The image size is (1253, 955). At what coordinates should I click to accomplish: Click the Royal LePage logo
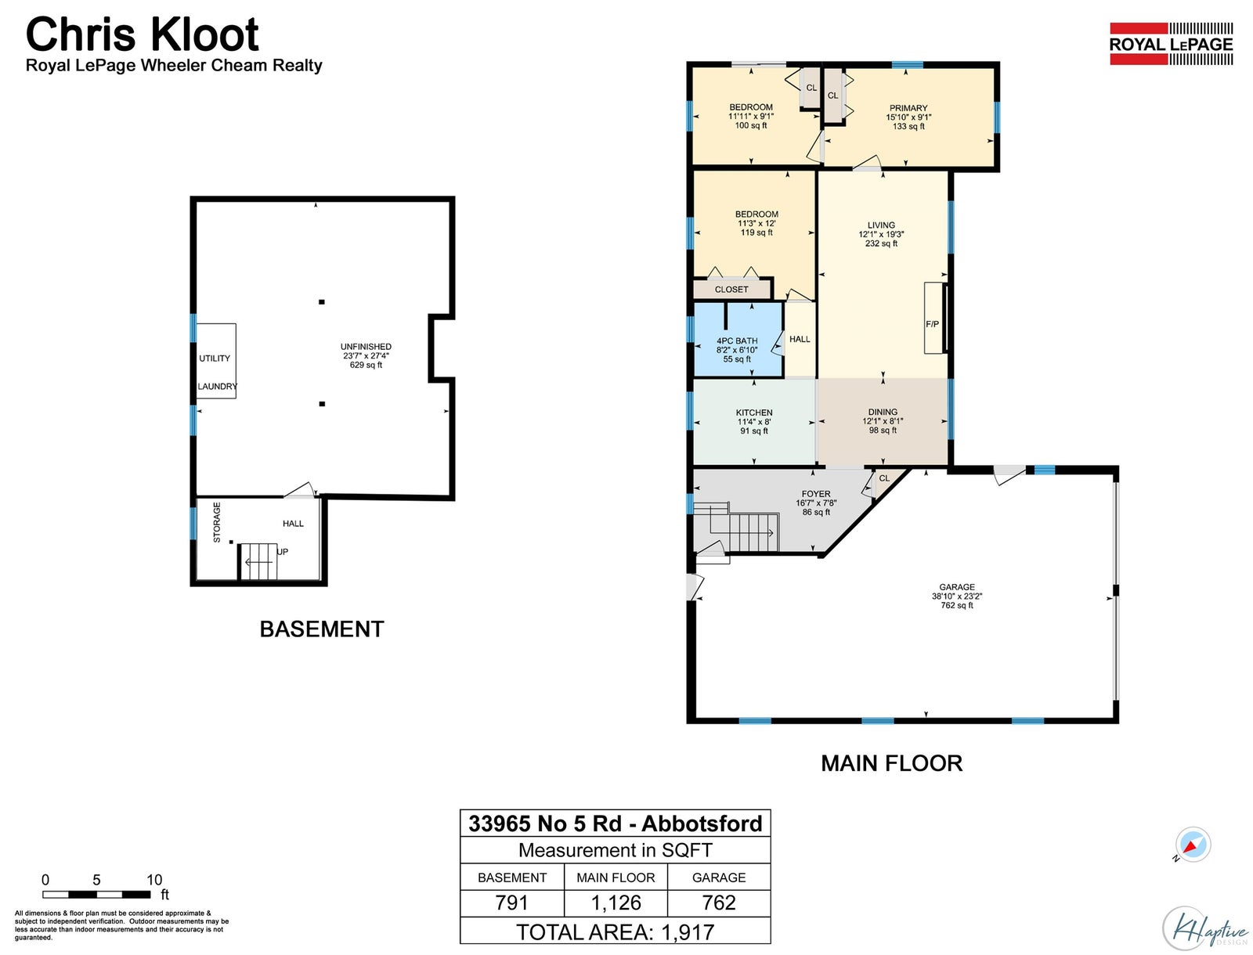(x=1171, y=44)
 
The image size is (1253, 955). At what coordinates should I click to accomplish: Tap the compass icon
(x=1193, y=845)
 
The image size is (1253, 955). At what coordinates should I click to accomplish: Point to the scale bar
(x=96, y=894)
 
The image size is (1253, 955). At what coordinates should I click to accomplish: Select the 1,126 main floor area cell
(x=616, y=903)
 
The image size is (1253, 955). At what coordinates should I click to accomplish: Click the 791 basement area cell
(x=511, y=903)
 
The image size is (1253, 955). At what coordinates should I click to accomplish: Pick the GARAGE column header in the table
(x=719, y=878)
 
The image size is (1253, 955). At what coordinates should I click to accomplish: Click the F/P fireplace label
(x=932, y=324)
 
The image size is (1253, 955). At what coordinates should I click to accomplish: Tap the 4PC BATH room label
(x=737, y=341)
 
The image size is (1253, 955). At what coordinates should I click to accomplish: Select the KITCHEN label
(x=754, y=413)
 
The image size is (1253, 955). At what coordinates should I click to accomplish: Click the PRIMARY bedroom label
(x=908, y=108)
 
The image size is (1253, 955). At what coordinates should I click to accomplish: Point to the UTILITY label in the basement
(x=215, y=359)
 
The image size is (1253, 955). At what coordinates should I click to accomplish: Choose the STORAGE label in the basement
(x=217, y=523)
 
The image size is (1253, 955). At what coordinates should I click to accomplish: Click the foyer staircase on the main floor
(x=737, y=527)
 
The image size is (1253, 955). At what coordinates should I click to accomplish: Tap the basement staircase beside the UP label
(x=258, y=562)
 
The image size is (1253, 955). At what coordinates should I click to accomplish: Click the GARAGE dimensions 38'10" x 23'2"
(x=957, y=596)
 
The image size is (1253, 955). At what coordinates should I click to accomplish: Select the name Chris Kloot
(x=143, y=34)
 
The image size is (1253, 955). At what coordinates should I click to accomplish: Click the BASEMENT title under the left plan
(x=322, y=629)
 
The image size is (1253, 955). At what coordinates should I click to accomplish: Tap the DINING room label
(x=883, y=412)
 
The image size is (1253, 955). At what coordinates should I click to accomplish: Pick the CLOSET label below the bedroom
(x=731, y=290)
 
